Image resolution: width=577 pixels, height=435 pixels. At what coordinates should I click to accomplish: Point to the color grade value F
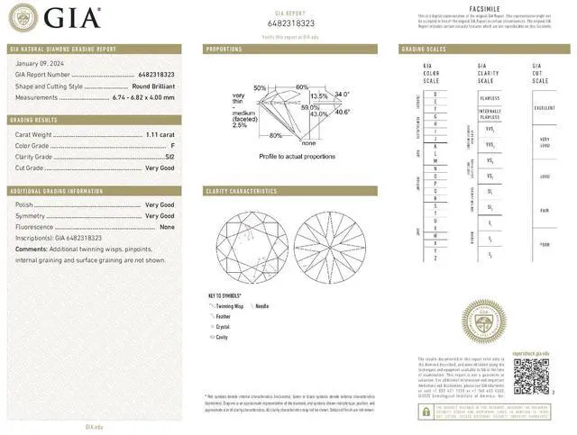click(x=172, y=144)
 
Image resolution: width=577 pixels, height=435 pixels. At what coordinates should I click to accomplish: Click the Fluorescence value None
click(x=167, y=227)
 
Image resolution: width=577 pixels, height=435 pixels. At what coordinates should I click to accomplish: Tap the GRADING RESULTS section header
click(x=35, y=119)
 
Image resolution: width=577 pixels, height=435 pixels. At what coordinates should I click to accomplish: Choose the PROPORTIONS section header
click(x=224, y=49)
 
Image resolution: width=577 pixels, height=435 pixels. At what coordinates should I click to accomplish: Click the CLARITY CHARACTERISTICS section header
click(x=242, y=191)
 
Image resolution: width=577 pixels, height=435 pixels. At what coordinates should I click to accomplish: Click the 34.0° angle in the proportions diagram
click(x=342, y=94)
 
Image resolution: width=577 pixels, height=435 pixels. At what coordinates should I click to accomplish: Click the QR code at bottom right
click(x=530, y=374)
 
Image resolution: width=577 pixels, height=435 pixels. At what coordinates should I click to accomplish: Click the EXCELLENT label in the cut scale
click(x=545, y=107)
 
